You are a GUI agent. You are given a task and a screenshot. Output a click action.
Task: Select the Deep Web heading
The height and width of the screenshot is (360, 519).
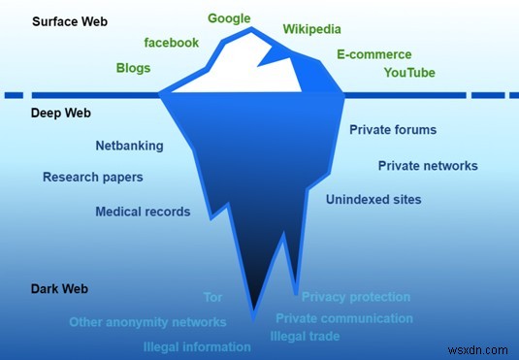(61, 114)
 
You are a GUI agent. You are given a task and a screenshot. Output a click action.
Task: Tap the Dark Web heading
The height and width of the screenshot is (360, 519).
(61, 289)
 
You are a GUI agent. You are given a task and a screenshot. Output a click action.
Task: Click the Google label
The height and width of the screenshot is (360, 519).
(229, 18)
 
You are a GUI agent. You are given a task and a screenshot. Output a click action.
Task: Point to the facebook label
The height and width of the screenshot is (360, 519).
(171, 43)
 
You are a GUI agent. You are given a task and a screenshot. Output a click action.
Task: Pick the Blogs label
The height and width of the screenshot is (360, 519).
(133, 69)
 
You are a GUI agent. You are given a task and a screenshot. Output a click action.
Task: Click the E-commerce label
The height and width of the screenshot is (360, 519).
(373, 55)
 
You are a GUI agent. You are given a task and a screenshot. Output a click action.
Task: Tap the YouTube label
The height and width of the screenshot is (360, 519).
(409, 73)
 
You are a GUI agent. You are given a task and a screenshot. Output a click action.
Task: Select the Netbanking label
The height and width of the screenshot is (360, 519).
(129, 147)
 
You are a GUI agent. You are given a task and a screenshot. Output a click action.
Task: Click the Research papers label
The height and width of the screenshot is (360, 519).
(93, 178)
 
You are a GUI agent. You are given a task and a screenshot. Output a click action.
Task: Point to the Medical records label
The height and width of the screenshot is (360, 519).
(143, 212)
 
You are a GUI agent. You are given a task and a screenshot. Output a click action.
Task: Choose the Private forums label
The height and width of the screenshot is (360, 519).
(393, 130)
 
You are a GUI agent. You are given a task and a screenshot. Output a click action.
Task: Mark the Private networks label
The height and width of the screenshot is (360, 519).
(428, 166)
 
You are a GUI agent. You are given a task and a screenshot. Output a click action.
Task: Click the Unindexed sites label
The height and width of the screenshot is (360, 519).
(373, 200)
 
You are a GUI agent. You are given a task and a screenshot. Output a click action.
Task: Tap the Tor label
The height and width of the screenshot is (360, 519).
(212, 297)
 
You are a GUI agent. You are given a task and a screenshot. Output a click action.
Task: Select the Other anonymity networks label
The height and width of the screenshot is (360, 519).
(147, 322)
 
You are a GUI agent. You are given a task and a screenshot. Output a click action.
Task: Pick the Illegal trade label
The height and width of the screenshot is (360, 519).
(305, 338)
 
